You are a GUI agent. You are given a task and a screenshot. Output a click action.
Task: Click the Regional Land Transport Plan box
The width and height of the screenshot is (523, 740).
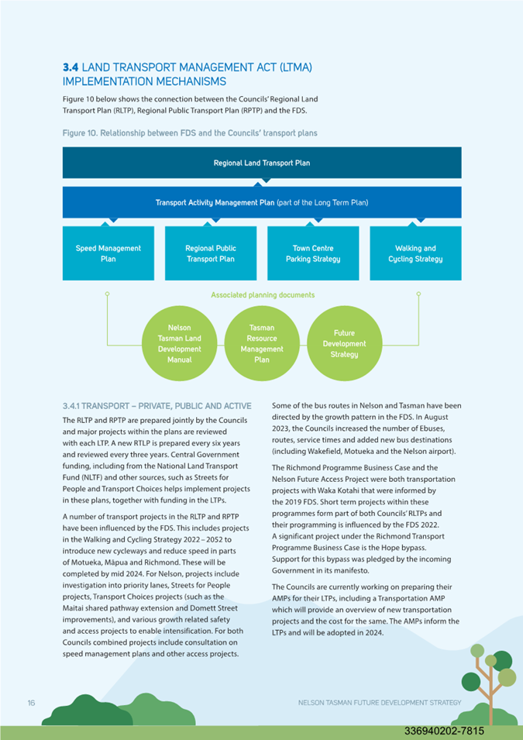262,163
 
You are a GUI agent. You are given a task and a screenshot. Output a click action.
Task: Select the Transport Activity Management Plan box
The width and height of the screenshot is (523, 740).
262,202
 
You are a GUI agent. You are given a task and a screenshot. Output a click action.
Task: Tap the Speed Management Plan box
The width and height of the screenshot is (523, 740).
108,253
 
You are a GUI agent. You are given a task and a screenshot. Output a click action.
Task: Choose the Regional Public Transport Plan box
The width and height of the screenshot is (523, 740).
211,253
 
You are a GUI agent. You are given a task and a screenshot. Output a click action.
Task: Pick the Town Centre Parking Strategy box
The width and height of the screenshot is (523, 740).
313,253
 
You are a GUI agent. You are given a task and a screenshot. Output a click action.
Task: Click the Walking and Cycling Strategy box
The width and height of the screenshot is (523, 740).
415,253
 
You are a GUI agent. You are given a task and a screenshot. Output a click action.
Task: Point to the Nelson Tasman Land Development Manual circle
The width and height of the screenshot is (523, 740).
179,343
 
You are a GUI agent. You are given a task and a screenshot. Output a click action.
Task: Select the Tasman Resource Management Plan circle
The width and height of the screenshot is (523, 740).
262,343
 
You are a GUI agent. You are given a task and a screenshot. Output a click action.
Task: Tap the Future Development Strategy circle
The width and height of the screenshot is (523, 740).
344,343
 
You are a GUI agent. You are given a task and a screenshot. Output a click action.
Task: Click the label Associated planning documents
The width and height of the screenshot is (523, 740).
263,295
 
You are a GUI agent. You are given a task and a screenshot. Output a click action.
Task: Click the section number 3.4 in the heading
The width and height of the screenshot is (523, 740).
71,67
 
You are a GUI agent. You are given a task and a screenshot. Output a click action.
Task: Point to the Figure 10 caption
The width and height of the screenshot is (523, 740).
190,133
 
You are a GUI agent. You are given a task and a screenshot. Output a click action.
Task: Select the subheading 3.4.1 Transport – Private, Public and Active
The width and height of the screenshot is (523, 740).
157,406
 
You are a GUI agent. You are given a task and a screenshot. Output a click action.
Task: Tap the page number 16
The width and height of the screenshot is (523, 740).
31,703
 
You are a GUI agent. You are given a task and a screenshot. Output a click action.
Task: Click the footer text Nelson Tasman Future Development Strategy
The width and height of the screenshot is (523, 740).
380,703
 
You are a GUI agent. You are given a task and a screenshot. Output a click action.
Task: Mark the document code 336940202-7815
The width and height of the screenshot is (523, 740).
444,731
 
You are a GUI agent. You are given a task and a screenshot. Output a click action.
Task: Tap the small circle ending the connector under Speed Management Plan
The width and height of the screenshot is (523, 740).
108,294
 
